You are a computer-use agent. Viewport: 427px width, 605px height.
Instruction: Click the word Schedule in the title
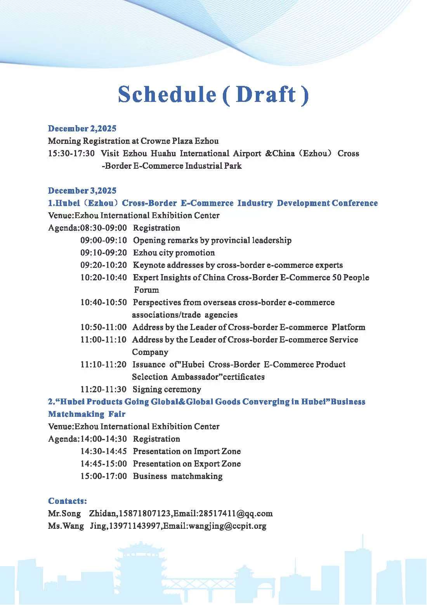(x=167, y=94)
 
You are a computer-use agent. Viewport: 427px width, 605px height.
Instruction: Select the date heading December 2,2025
(x=82, y=129)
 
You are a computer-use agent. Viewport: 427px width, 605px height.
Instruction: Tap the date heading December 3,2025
(x=82, y=191)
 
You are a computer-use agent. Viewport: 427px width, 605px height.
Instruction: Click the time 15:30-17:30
(x=71, y=154)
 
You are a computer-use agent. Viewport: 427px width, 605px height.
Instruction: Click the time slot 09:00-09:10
(x=103, y=240)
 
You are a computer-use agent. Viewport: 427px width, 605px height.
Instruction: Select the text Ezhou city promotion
(x=174, y=253)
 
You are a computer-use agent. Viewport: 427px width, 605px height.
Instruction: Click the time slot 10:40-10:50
(x=103, y=302)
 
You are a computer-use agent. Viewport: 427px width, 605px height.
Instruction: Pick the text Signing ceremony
(x=167, y=389)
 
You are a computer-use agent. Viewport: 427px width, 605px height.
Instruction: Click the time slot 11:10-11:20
(x=103, y=364)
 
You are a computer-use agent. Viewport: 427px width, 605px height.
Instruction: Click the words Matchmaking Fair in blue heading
(x=87, y=414)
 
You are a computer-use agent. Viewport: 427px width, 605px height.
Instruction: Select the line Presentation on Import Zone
(x=187, y=451)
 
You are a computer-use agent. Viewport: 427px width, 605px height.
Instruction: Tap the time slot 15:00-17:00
(x=103, y=476)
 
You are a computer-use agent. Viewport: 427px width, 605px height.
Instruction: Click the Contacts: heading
(x=67, y=501)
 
